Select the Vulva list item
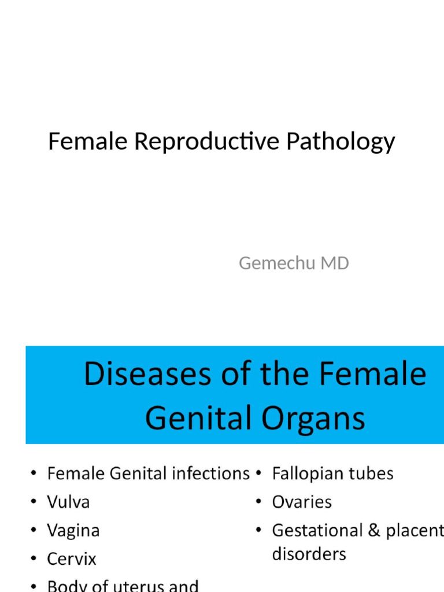68,502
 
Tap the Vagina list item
73,530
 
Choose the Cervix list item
72,558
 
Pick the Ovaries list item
302,502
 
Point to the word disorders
309,554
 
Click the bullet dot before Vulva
33,502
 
